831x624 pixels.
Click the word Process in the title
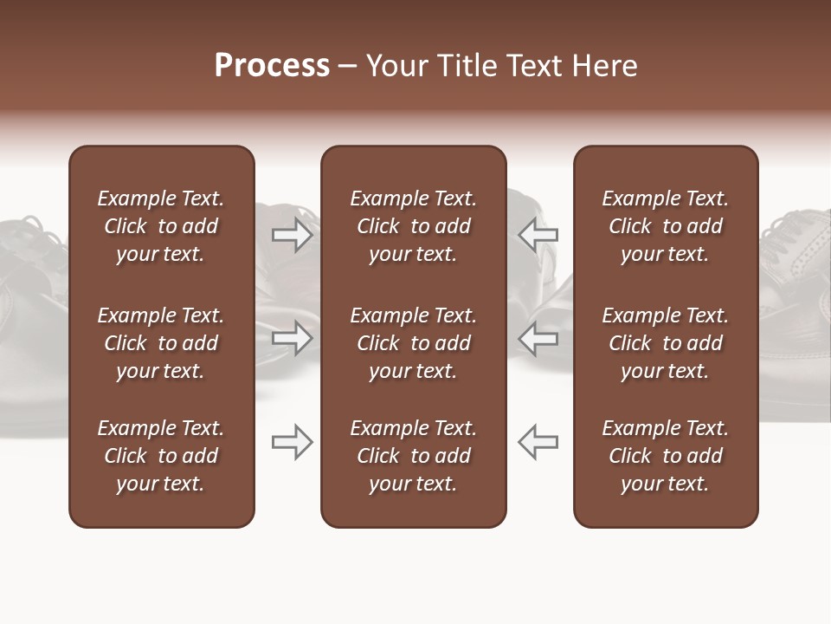[272, 66]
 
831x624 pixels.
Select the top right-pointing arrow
[292, 235]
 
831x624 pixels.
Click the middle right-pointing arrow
[292, 338]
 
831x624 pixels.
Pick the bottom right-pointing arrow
[292, 442]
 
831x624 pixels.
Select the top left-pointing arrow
[538, 235]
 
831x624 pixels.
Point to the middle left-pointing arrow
[538, 338]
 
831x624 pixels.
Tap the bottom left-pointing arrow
[538, 442]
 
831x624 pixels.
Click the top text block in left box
[161, 226]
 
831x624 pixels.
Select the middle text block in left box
[161, 343]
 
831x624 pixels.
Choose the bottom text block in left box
[161, 456]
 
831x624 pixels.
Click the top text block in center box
[413, 226]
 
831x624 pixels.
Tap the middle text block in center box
[413, 343]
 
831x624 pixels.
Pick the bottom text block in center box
[413, 456]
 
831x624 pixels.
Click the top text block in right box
[666, 226]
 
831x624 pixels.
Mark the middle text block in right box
[666, 343]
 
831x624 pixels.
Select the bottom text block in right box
[666, 456]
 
